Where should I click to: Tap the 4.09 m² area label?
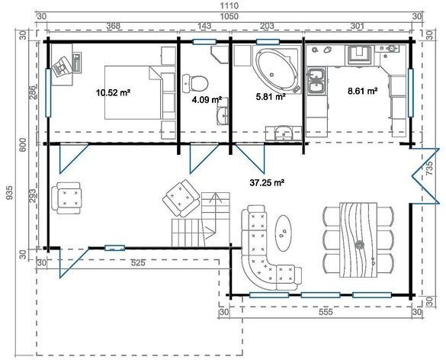tap(207, 99)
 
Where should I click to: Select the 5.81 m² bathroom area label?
tap(269, 97)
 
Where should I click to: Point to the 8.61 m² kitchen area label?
tap(362, 91)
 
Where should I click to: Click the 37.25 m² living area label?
tap(267, 182)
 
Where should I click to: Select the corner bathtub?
tap(275, 70)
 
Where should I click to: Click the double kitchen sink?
tap(316, 79)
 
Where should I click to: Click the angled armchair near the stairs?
tap(181, 197)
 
